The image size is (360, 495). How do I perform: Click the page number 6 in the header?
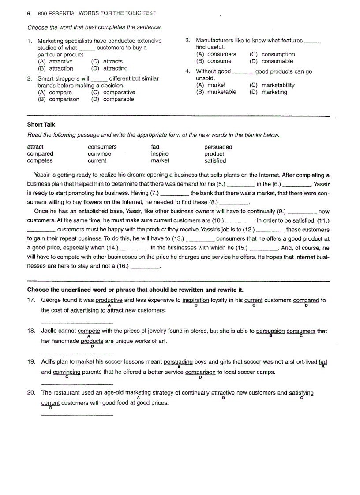(29, 14)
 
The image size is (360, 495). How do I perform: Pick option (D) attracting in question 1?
(109, 69)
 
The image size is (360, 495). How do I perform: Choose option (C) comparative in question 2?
(113, 93)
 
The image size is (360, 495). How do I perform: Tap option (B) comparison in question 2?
(58, 100)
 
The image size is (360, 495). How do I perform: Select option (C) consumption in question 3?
(272, 55)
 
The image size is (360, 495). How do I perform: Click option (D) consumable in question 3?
(271, 61)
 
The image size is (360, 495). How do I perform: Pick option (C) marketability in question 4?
(272, 86)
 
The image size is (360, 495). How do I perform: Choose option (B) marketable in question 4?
(216, 92)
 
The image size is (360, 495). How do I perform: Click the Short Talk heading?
(41, 125)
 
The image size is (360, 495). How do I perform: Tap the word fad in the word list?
(155, 147)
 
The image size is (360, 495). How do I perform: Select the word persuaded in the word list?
(218, 147)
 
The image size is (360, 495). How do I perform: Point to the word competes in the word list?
(40, 161)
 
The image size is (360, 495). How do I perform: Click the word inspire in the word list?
(160, 154)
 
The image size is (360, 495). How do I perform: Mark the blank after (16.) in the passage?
(145, 267)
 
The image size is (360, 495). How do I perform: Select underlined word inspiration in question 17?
(196, 301)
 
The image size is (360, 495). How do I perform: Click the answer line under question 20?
(77, 415)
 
